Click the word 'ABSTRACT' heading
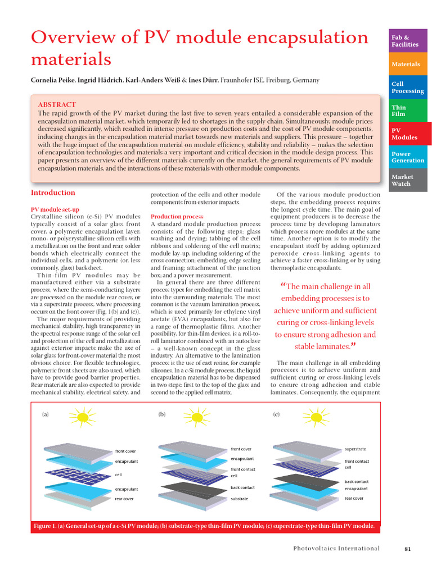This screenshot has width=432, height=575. click(57, 105)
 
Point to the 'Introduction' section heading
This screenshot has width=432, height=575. click(53, 193)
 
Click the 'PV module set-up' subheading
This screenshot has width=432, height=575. click(55, 209)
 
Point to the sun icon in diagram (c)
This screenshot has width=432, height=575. click(312, 418)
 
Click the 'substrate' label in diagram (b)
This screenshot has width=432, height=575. click(239, 499)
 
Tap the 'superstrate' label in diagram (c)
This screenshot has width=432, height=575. click(355, 449)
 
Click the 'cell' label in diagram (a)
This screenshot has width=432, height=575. click(119, 474)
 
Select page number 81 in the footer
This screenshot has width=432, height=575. click(408, 549)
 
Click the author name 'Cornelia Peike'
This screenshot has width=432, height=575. click(54, 81)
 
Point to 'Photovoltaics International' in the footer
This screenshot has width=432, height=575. click(336, 549)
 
